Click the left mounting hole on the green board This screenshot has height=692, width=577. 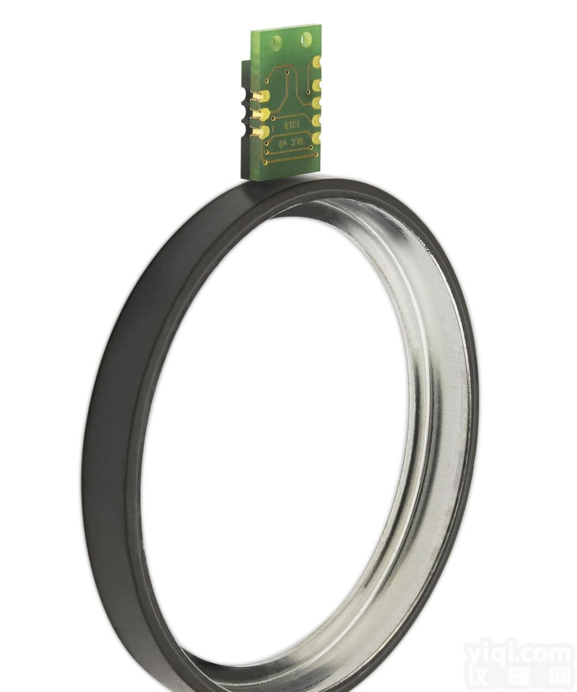pyautogui.click(x=276, y=41)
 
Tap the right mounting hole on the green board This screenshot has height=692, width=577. pyautogui.click(x=306, y=39)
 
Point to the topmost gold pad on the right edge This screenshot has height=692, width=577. pyautogui.click(x=317, y=62)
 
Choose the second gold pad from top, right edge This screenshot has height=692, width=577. pyautogui.click(x=317, y=85)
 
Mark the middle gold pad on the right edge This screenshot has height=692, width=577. pyautogui.click(x=317, y=103)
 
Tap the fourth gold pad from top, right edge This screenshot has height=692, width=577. pyautogui.click(x=317, y=121)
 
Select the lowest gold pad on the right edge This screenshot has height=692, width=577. pyautogui.click(x=317, y=138)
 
